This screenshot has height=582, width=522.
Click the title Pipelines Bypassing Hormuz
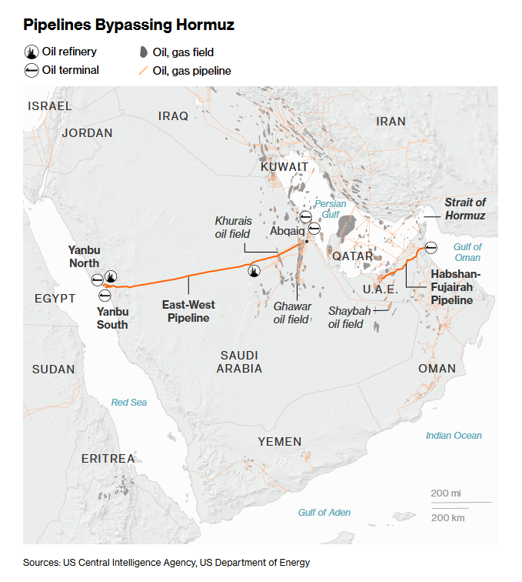pos(128,25)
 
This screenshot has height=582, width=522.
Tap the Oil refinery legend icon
pos(31,52)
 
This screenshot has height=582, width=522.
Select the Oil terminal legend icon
pos(31,70)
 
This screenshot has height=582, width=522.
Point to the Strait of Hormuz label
pos(465,209)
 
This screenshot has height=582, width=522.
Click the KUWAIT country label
pos(284,167)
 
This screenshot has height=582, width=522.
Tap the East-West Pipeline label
pos(188,311)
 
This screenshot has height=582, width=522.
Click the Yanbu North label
pos(84,256)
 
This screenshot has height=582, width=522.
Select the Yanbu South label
pos(112,318)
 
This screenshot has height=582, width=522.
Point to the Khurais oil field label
pos(233,226)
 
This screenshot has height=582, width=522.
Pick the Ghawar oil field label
pos(292,313)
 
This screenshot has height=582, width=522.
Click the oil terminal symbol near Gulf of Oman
pos(431,247)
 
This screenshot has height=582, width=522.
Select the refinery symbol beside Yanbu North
pos(111,277)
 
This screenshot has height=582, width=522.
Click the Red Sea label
pos(129,402)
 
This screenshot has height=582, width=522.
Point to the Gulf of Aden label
pos(324,512)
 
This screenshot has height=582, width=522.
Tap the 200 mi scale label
pos(445,493)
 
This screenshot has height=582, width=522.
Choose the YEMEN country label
pos(280,441)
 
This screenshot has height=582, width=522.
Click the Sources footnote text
pos(166,563)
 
